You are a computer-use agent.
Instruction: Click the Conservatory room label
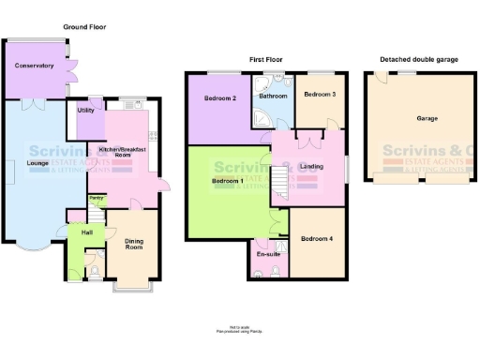click(34, 66)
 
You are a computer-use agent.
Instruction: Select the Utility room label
click(86, 111)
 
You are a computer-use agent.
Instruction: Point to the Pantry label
click(96, 198)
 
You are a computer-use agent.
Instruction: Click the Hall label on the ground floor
click(87, 232)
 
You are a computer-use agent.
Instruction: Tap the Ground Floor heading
click(84, 28)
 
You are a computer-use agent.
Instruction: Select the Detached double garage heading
click(419, 59)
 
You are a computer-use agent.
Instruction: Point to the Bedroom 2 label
click(221, 97)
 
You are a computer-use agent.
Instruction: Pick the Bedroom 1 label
click(227, 180)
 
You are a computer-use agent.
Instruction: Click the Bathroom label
click(274, 96)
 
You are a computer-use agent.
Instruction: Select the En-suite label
click(268, 253)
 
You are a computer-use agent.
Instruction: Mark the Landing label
click(311, 167)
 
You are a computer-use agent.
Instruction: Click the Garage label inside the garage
click(427, 119)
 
